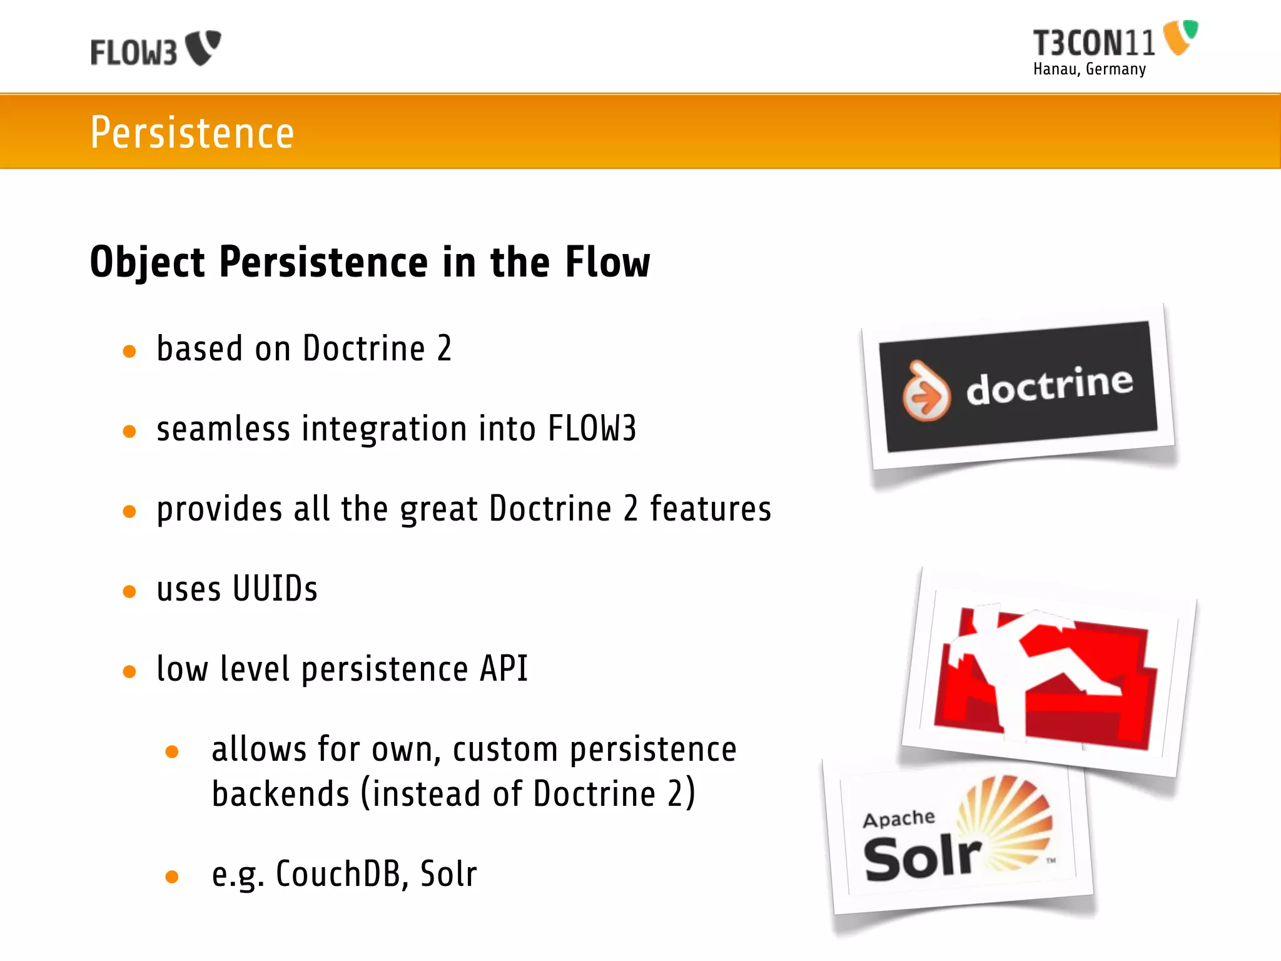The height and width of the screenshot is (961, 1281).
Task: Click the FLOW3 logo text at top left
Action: pos(134,53)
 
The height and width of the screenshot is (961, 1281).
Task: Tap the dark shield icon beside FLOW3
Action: pos(204,47)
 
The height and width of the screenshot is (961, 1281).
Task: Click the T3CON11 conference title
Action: pos(1093,43)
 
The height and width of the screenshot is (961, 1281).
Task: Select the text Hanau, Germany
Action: pos(1089,69)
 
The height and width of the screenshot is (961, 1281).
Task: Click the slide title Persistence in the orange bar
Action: pos(192,133)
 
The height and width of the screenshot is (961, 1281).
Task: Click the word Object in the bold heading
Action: pos(148,263)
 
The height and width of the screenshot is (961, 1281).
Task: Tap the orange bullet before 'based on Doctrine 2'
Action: pos(129,352)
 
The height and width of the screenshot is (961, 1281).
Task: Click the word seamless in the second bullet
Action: pos(223,429)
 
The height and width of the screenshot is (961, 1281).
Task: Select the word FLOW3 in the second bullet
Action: pos(592,429)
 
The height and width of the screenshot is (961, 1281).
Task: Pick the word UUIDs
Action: pos(275,589)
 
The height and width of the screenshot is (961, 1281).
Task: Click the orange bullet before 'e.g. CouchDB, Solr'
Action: pos(172,877)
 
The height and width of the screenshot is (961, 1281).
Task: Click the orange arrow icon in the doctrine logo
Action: pos(926,393)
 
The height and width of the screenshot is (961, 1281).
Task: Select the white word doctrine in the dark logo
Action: pos(1050,386)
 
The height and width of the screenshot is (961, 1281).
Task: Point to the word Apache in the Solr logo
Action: pos(899,818)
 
